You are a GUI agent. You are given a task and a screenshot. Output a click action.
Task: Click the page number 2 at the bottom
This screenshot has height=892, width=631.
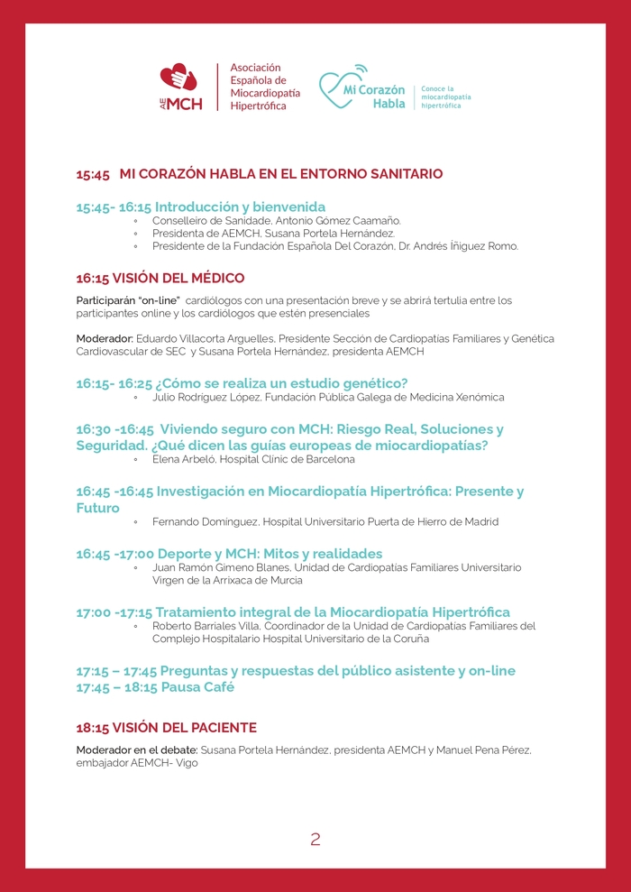click(315, 840)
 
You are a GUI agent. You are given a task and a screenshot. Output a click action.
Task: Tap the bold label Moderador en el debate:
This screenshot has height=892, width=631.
click(136, 749)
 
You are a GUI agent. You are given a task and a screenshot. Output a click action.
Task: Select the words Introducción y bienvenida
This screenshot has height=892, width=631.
click(240, 207)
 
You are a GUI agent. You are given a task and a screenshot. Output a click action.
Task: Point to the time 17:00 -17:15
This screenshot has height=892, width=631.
click(114, 612)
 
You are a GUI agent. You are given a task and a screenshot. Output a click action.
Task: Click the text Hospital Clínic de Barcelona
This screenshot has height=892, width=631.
click(284, 459)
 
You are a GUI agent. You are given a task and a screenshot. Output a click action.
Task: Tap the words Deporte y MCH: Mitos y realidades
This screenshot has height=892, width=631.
click(270, 553)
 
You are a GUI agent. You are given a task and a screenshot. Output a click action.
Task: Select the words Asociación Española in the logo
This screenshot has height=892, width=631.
click(258, 74)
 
